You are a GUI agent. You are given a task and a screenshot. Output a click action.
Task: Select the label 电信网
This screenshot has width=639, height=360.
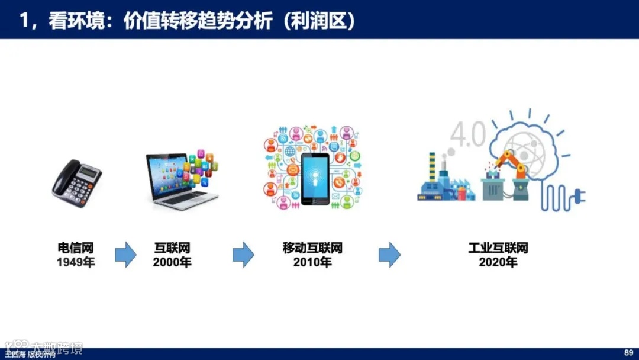coord(75,248)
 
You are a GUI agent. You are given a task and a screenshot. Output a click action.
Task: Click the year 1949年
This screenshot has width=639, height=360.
coord(75,262)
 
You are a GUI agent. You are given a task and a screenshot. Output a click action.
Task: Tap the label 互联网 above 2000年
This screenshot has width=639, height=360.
coord(172,248)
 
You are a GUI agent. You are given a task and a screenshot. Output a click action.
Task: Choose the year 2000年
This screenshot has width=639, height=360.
coord(172,262)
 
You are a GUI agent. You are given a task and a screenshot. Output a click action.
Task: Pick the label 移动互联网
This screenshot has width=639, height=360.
coord(312,248)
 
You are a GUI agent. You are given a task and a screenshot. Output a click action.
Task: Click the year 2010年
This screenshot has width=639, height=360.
coord(312,262)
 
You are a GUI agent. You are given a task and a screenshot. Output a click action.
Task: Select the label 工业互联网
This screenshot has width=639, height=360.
coord(498,248)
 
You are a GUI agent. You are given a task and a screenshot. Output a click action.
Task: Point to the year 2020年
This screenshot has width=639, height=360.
coord(498,262)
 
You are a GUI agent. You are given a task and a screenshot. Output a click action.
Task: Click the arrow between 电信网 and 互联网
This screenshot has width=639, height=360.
coord(125,255)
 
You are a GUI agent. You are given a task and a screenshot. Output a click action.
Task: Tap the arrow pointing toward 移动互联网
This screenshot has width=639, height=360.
coord(243,255)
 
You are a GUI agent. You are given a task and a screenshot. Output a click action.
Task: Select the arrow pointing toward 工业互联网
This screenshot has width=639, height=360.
coord(389,255)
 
